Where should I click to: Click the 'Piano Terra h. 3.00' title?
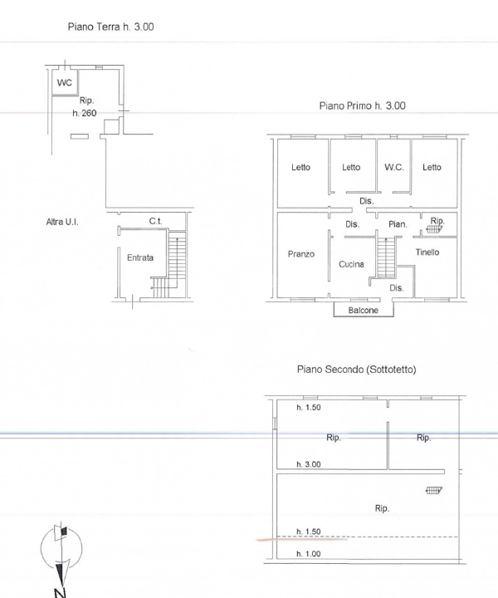[110, 27]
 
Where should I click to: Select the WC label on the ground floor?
[64, 83]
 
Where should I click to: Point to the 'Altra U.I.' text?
[62, 223]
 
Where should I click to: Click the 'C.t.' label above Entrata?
[155, 221]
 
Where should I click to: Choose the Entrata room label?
[139, 257]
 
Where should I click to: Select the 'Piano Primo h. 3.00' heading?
[362, 106]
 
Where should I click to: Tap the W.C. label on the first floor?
[393, 167]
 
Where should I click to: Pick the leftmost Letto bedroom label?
[300, 167]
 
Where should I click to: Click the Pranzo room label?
[300, 254]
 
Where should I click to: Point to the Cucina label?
[352, 264]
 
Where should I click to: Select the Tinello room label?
[427, 252]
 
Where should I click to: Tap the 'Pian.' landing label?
[398, 224]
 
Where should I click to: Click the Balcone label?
[364, 310]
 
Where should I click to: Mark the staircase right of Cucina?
[384, 257]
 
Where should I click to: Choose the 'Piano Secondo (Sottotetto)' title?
[356, 370]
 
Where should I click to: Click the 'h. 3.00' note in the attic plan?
[309, 464]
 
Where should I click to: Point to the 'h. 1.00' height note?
[309, 553]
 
